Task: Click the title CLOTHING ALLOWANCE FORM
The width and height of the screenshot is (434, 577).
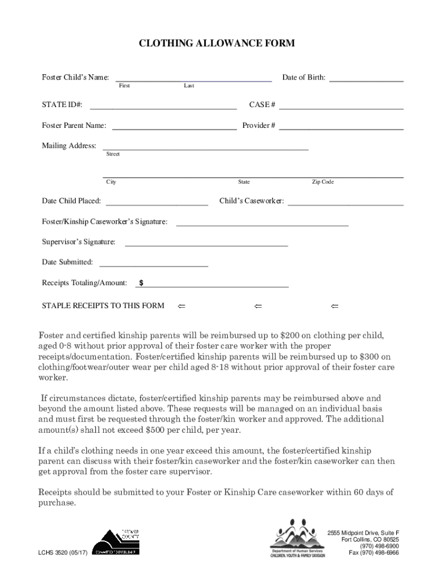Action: (217, 43)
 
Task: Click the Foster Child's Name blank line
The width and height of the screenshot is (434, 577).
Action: (193, 81)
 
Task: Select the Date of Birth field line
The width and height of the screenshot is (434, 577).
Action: (366, 81)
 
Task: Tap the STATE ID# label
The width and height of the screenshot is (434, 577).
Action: (63, 105)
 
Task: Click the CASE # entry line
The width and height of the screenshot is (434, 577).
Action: (340, 108)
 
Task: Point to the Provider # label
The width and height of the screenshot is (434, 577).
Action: (259, 126)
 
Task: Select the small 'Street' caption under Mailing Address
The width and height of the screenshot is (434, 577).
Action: (113, 154)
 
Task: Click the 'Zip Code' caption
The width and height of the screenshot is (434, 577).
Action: (323, 182)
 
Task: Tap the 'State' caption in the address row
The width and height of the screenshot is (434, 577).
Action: (244, 182)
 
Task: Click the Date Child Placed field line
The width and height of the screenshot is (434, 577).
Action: (157, 204)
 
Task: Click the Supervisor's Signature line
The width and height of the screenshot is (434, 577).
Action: (206, 245)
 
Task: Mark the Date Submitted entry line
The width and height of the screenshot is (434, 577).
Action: (153, 265)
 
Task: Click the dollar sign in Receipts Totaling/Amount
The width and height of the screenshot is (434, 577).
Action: (141, 283)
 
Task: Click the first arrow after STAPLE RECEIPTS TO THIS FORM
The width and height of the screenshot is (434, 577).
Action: (181, 306)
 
